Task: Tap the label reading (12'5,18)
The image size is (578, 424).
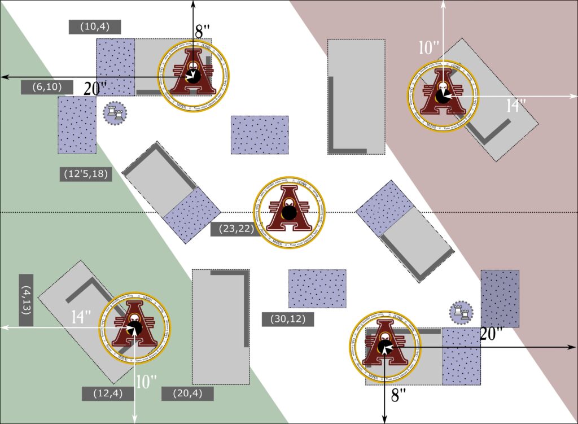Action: [86, 174]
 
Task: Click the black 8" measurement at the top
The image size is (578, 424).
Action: [203, 32]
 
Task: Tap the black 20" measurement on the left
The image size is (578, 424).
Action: [95, 88]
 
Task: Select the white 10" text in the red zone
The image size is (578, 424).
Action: [429, 48]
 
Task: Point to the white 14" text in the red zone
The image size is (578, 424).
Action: [516, 106]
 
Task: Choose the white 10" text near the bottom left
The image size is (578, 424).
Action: [146, 382]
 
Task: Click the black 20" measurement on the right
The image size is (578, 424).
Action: [491, 334]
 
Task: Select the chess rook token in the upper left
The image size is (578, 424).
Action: [115, 113]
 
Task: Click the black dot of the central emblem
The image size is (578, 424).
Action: [290, 212]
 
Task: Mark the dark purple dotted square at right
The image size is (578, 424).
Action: [500, 299]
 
